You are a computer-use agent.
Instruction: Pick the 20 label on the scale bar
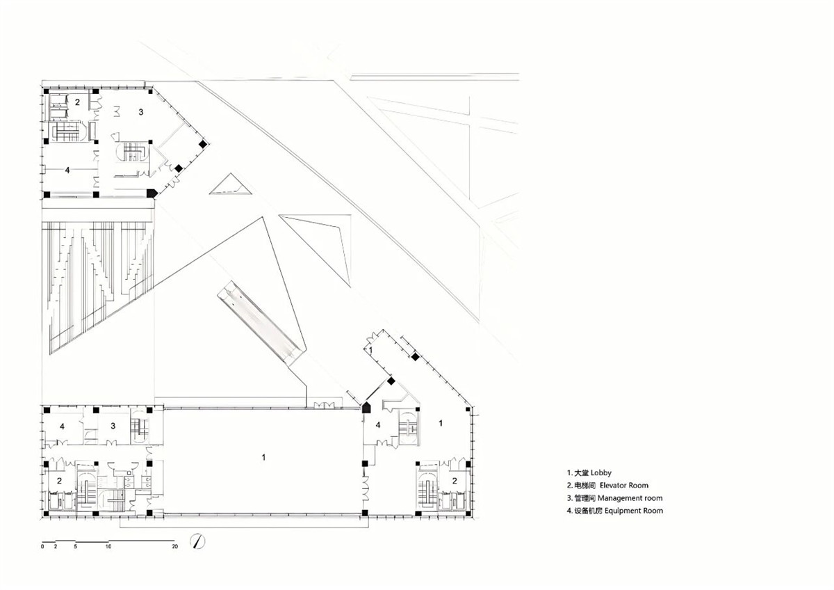(174, 548)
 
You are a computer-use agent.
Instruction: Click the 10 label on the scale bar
(108, 548)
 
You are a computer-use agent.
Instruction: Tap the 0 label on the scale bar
(42, 548)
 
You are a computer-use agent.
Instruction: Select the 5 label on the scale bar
(75, 548)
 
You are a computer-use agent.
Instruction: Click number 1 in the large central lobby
(263, 457)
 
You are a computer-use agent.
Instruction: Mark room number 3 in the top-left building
(140, 111)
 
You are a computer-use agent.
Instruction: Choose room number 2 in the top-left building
(78, 102)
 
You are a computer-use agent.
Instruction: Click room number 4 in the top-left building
(67, 170)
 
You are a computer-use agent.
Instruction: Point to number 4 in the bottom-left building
(62, 426)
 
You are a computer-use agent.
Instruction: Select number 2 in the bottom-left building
(59, 481)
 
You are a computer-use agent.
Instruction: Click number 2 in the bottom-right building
(455, 480)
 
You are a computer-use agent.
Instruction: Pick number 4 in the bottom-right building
(378, 425)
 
